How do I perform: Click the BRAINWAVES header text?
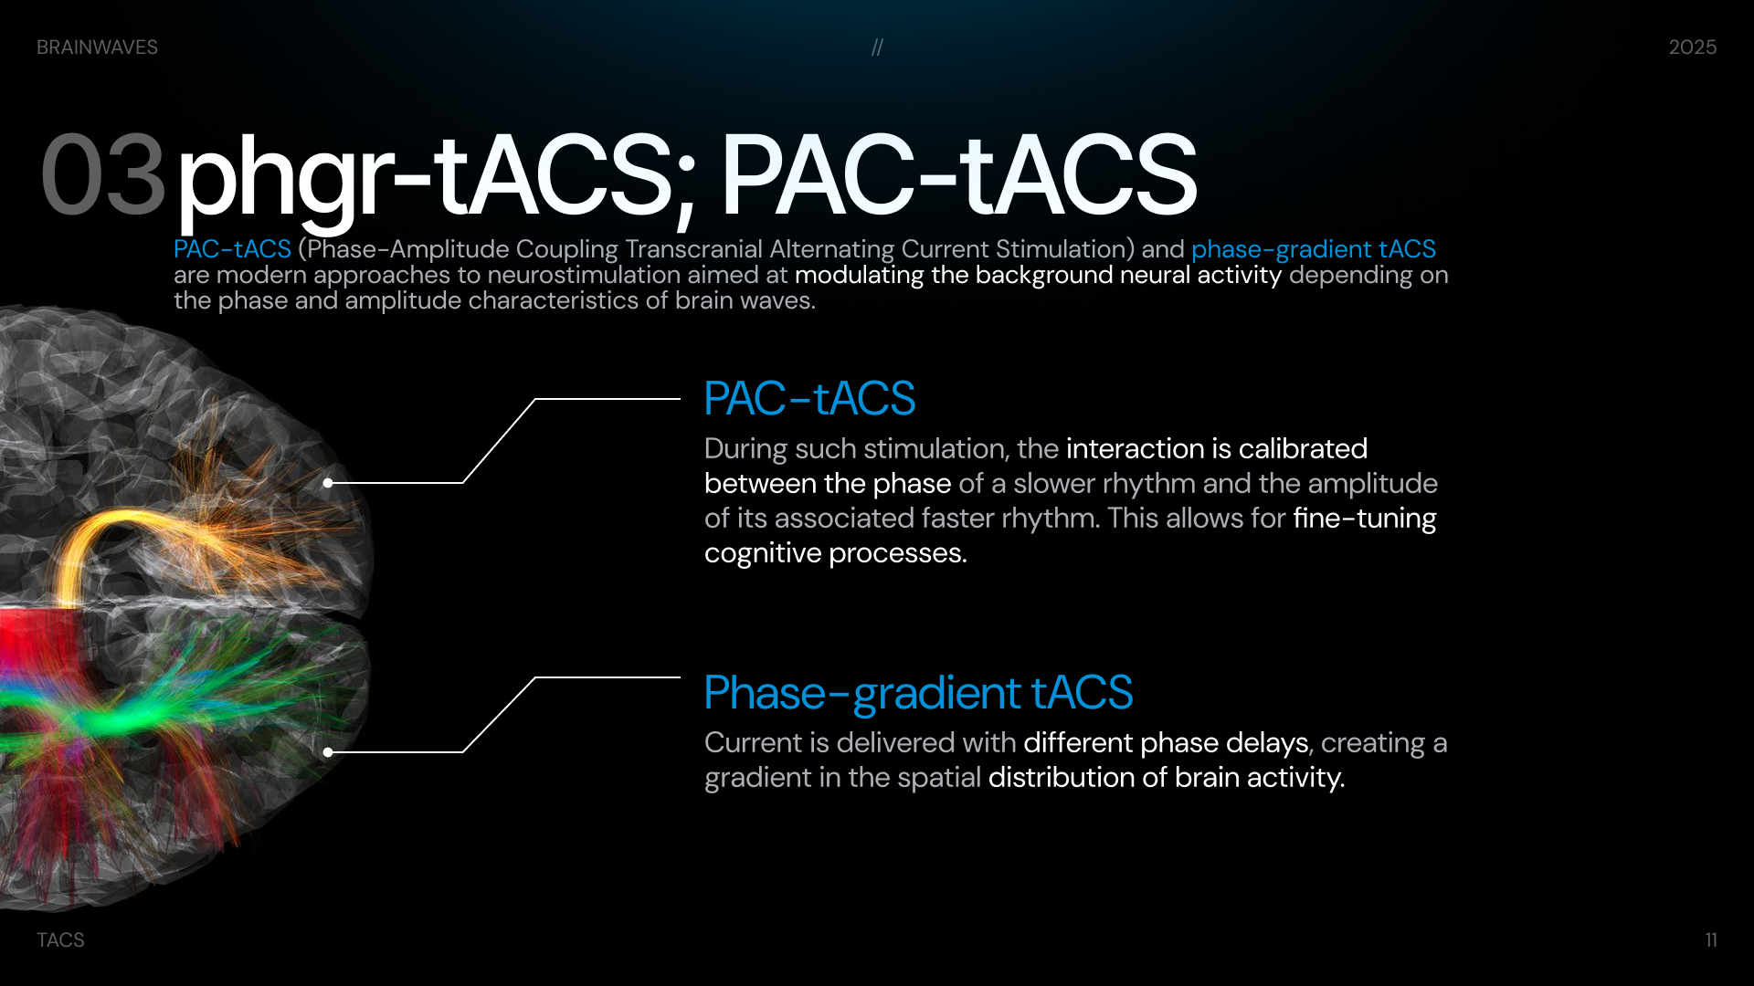97,47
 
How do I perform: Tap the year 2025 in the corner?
1692,47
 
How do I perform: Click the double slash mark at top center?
877,47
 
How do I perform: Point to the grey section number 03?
102,174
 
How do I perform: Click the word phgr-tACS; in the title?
437,179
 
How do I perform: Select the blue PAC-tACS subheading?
809,398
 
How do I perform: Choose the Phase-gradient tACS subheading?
918,693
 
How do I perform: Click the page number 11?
1711,940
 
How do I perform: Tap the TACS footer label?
60,940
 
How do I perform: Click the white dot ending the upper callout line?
328,483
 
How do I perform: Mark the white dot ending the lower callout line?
328,752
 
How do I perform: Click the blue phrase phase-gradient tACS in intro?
1314,249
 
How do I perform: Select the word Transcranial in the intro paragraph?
694,249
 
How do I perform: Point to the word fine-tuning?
1365,519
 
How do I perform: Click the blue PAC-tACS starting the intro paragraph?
232,249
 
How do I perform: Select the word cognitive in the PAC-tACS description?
763,553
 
